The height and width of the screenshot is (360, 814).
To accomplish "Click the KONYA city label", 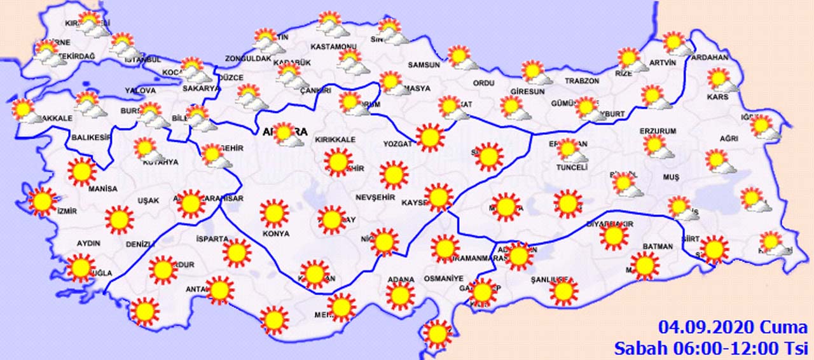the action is [x=275, y=233].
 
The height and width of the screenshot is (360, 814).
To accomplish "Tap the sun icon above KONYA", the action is [x=275, y=213].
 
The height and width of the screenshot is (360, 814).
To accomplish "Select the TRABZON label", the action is [x=582, y=81].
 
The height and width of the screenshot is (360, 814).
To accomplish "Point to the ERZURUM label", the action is [x=659, y=131].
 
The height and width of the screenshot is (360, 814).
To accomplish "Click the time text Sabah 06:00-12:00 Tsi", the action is [x=710, y=348].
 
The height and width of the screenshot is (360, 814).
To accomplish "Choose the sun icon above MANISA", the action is [x=82, y=170].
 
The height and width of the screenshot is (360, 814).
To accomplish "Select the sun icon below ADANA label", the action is [x=400, y=296].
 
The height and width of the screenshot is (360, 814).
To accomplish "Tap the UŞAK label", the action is [x=148, y=200].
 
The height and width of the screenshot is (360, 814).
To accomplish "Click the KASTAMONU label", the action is [x=333, y=46].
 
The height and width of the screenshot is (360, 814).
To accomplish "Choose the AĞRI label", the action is [x=729, y=138].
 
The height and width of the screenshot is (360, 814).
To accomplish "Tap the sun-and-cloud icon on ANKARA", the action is [x=287, y=135].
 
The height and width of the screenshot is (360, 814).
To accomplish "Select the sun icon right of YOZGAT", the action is [x=431, y=137].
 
